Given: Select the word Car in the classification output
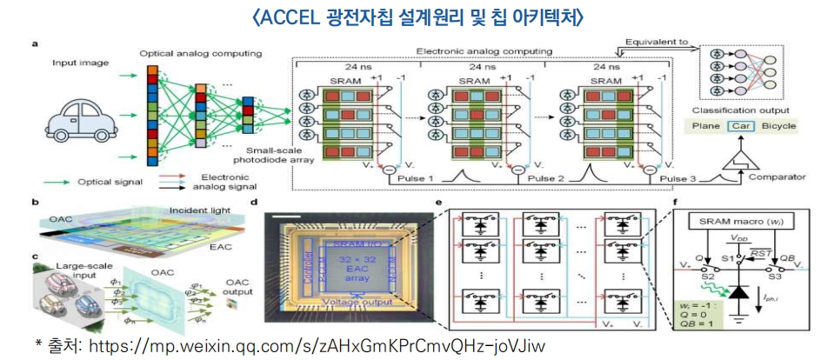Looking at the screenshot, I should pos(739,125).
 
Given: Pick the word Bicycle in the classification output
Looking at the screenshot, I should pos(779,125).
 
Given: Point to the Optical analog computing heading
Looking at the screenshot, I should pos(201,54).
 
